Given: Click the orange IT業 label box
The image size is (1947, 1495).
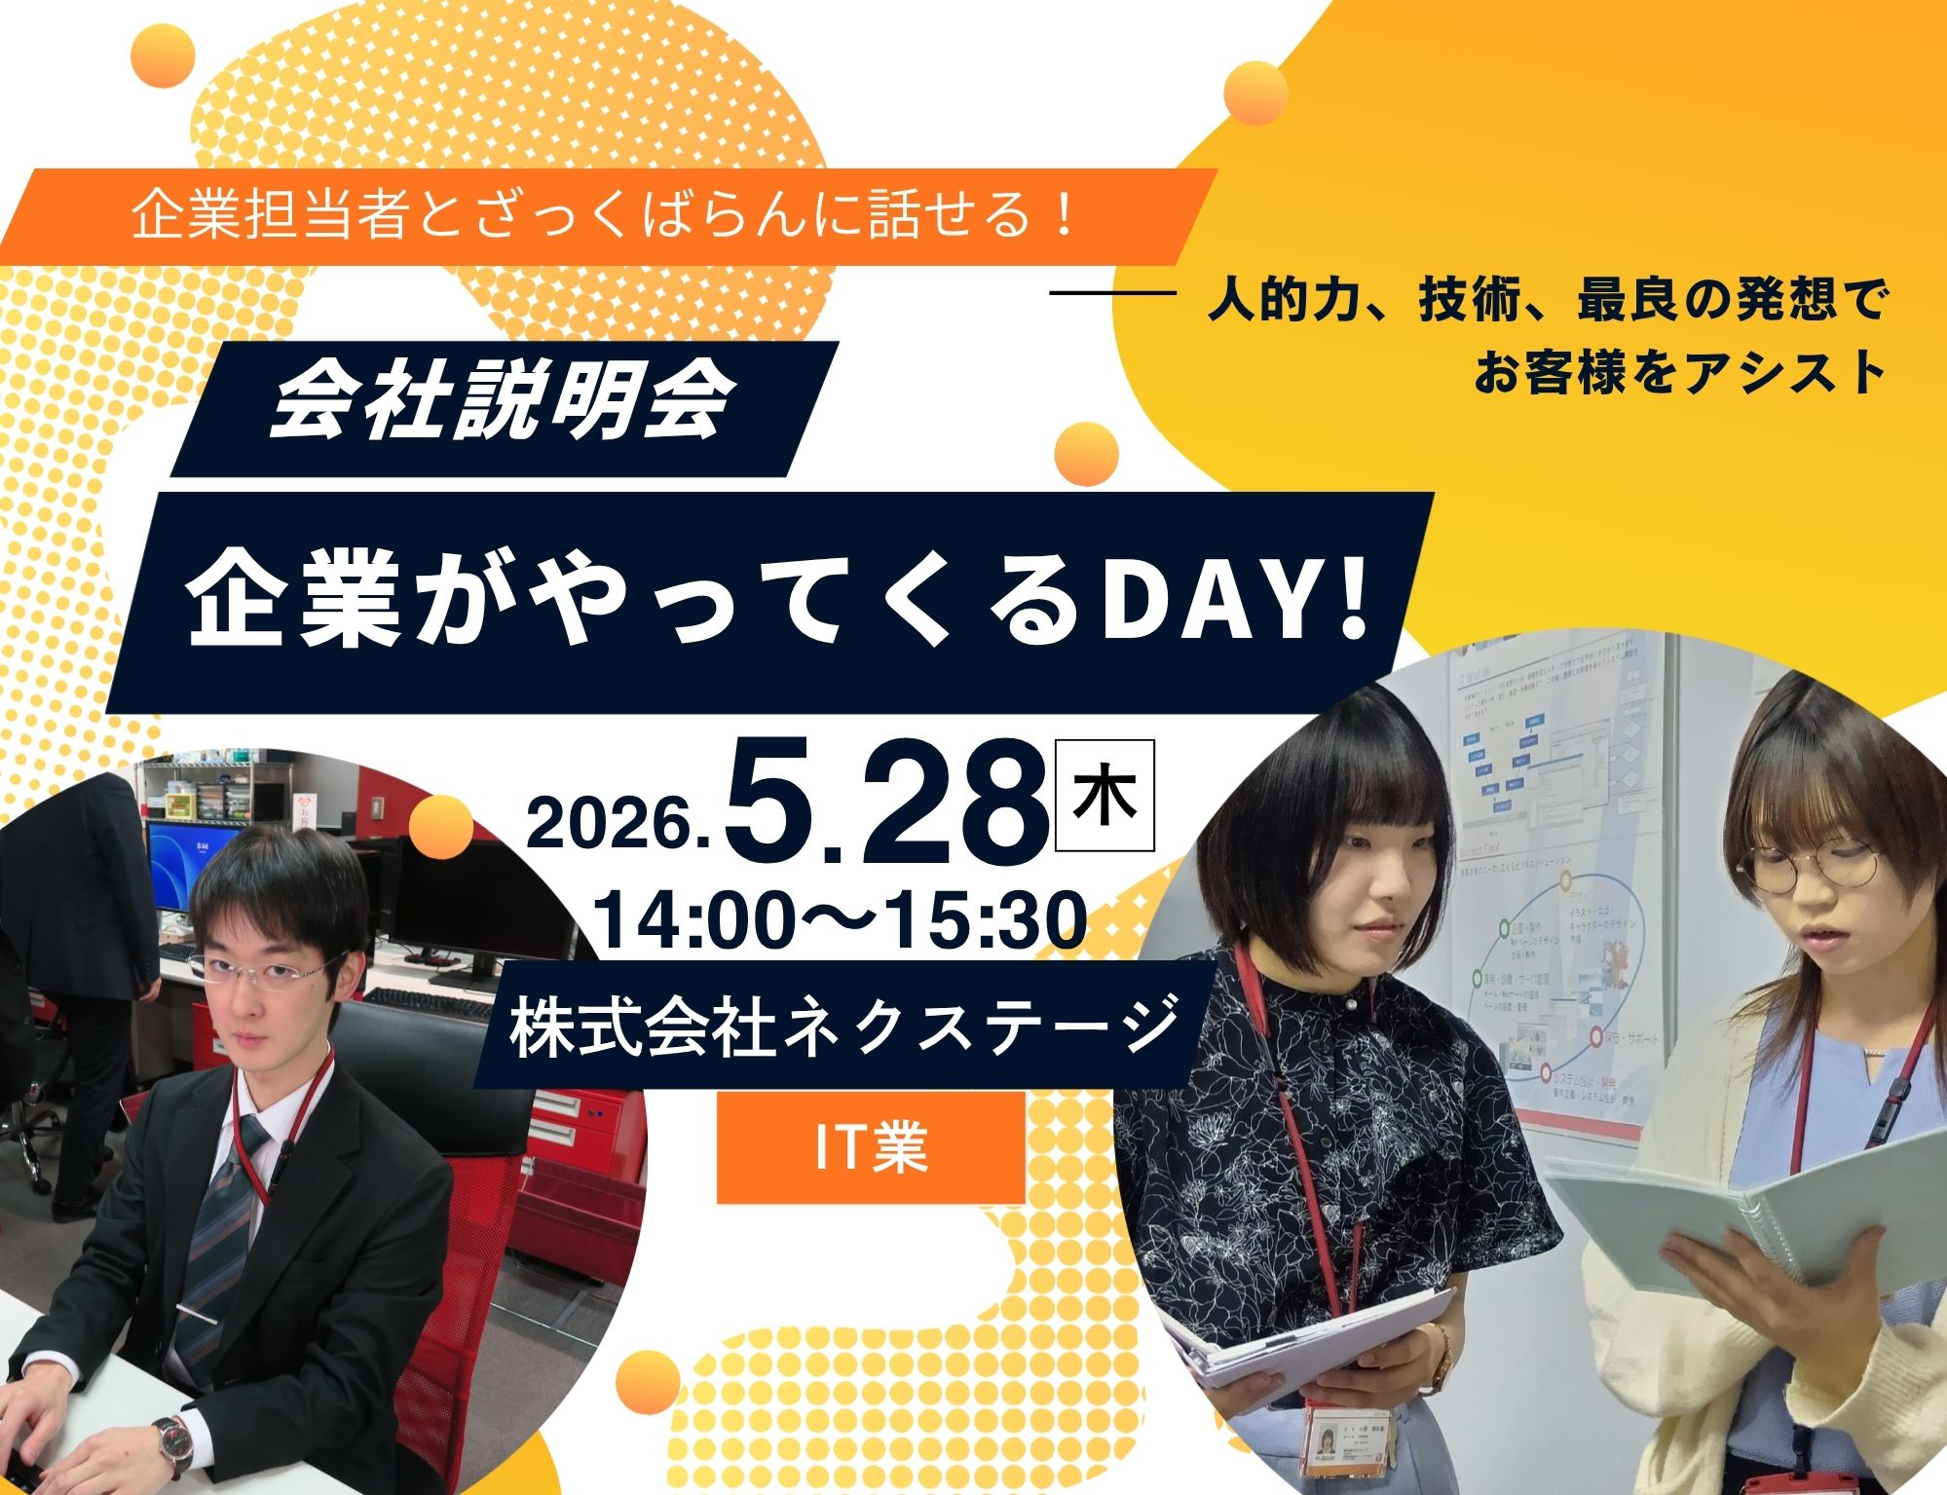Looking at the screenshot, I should coord(871,1147).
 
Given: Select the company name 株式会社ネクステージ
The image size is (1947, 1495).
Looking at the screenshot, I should coord(842,1023).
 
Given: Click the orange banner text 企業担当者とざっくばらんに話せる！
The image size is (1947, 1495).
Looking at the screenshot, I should coord(604,215).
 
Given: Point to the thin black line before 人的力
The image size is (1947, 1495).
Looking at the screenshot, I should coord(1114,291).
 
